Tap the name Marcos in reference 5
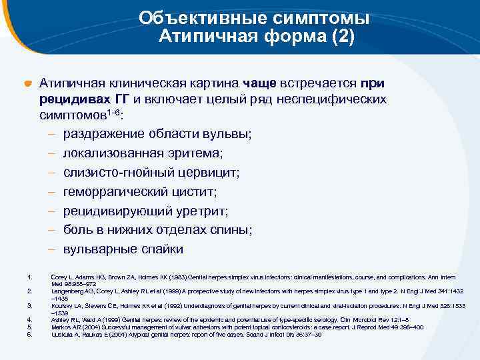(x=61, y=327)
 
